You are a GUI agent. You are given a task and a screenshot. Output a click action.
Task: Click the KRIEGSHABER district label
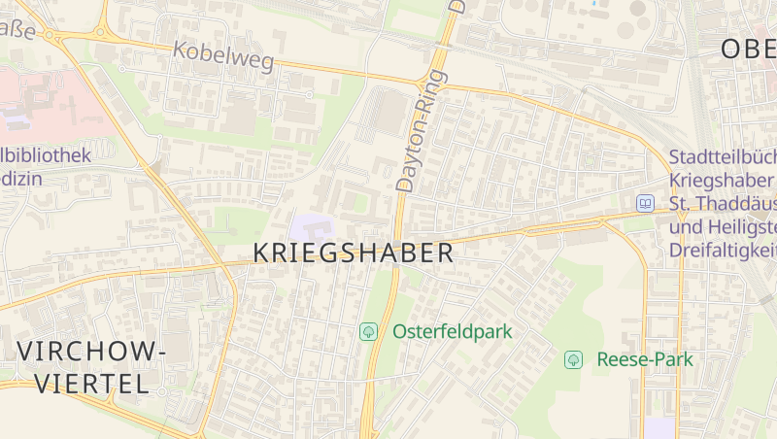353,253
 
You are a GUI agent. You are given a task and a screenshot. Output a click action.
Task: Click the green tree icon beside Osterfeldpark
369,331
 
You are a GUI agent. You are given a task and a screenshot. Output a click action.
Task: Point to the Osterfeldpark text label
452,331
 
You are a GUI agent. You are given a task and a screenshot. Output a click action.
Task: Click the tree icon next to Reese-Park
574,359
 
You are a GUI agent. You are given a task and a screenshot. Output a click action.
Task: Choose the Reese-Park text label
645,359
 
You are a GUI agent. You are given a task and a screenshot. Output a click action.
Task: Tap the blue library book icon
645,203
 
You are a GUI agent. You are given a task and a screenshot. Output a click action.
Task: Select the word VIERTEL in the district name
92,383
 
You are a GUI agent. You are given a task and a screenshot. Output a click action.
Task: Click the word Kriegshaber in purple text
722,181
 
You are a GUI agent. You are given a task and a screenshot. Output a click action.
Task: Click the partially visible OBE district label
748,50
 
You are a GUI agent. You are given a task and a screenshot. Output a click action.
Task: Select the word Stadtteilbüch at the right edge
723,157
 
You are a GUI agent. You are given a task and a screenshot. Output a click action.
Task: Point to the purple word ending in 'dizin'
21,179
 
